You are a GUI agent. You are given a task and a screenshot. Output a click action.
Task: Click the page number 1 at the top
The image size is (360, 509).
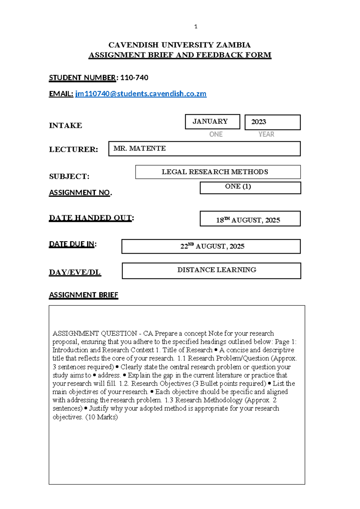coord(196,27)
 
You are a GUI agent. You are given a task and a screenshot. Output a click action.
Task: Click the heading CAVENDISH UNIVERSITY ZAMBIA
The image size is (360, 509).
coord(179,45)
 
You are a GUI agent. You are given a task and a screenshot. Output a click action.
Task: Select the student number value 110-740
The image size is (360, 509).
coord(134,78)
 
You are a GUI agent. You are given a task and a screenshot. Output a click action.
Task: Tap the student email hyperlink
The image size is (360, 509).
coord(140,94)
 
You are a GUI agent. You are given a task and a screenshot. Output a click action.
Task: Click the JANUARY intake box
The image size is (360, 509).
coord(212,122)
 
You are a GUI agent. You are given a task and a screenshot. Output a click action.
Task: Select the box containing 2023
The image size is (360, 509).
coord(272,122)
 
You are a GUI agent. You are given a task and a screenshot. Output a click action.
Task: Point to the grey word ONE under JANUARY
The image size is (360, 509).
coord(216,134)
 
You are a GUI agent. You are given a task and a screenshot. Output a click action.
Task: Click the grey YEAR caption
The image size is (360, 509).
coord(266,134)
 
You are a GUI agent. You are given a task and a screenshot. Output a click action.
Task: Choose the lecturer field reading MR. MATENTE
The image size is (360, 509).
coord(204,149)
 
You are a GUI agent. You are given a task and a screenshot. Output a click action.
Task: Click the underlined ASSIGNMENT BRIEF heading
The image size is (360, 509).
coord(83,295)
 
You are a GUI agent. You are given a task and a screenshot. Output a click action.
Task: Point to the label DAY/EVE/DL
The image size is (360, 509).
coord(75,272)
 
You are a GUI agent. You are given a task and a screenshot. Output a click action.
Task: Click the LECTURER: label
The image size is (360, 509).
coord(73,149)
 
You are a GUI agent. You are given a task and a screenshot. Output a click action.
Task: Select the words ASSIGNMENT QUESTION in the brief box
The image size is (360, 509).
coord(94,333)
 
